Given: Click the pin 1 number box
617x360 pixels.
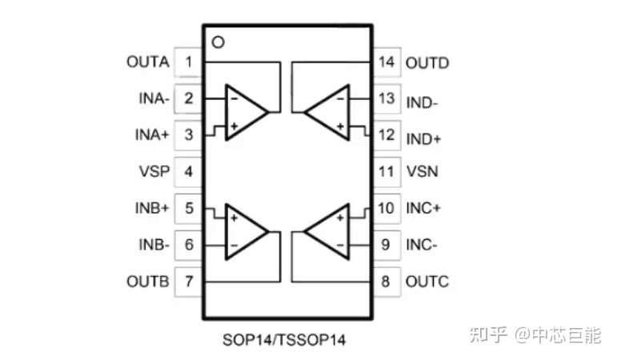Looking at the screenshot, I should (x=188, y=62).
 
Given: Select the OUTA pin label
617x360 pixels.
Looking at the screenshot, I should (x=147, y=62).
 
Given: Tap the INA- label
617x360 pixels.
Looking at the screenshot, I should (x=152, y=98).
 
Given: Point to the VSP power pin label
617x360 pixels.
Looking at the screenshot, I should (x=153, y=171).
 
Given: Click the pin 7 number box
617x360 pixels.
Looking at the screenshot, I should (x=188, y=282).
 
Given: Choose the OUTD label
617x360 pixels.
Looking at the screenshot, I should (x=427, y=62).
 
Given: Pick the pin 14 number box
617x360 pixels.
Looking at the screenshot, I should (x=387, y=62).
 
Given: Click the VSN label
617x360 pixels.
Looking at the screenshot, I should (x=422, y=171).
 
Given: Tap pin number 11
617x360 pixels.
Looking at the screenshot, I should (x=387, y=171).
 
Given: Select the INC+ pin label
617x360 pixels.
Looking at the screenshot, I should (x=425, y=209).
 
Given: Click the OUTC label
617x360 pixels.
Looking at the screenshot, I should (x=427, y=282).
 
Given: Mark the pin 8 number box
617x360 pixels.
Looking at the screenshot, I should (x=387, y=282).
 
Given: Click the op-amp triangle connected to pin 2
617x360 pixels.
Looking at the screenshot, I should (x=243, y=112).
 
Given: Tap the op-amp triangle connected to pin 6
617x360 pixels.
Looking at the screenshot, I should (x=243, y=230).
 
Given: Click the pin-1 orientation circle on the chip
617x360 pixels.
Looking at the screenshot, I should (x=217, y=41).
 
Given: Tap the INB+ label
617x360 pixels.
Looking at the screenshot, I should (x=151, y=209).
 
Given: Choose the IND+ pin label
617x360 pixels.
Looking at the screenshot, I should (x=424, y=135).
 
